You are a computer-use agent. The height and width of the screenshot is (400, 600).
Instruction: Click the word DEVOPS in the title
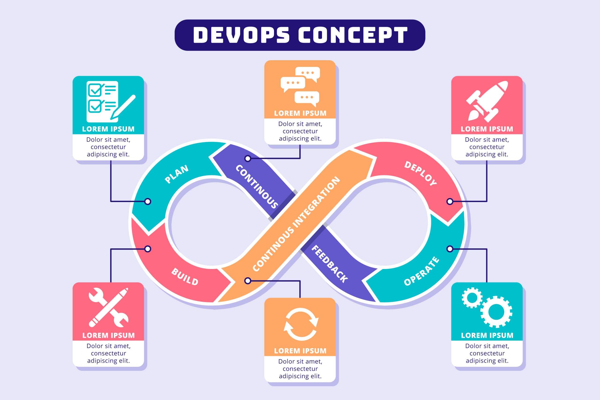point(241,35)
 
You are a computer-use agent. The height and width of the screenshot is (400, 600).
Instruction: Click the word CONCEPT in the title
point(353,35)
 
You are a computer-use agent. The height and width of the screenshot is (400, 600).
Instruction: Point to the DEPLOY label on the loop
point(420,173)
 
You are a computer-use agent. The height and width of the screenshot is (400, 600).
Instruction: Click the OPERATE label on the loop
point(421,271)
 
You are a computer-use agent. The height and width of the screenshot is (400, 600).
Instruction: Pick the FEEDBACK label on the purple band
point(329,264)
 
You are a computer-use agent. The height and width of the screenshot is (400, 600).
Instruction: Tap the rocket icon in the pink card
point(487,101)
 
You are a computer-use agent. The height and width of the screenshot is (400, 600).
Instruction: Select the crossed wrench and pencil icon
point(109,307)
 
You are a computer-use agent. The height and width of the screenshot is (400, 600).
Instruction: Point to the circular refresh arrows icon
point(301,324)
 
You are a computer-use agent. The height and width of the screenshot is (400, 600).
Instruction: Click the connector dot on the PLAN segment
point(148,202)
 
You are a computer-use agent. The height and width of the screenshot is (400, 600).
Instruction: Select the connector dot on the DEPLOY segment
point(450,202)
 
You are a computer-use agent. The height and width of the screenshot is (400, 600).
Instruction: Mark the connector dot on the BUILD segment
point(148,249)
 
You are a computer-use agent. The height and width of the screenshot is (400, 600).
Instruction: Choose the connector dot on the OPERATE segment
point(450,249)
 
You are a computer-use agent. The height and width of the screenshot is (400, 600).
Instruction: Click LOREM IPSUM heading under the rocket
point(487,129)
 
